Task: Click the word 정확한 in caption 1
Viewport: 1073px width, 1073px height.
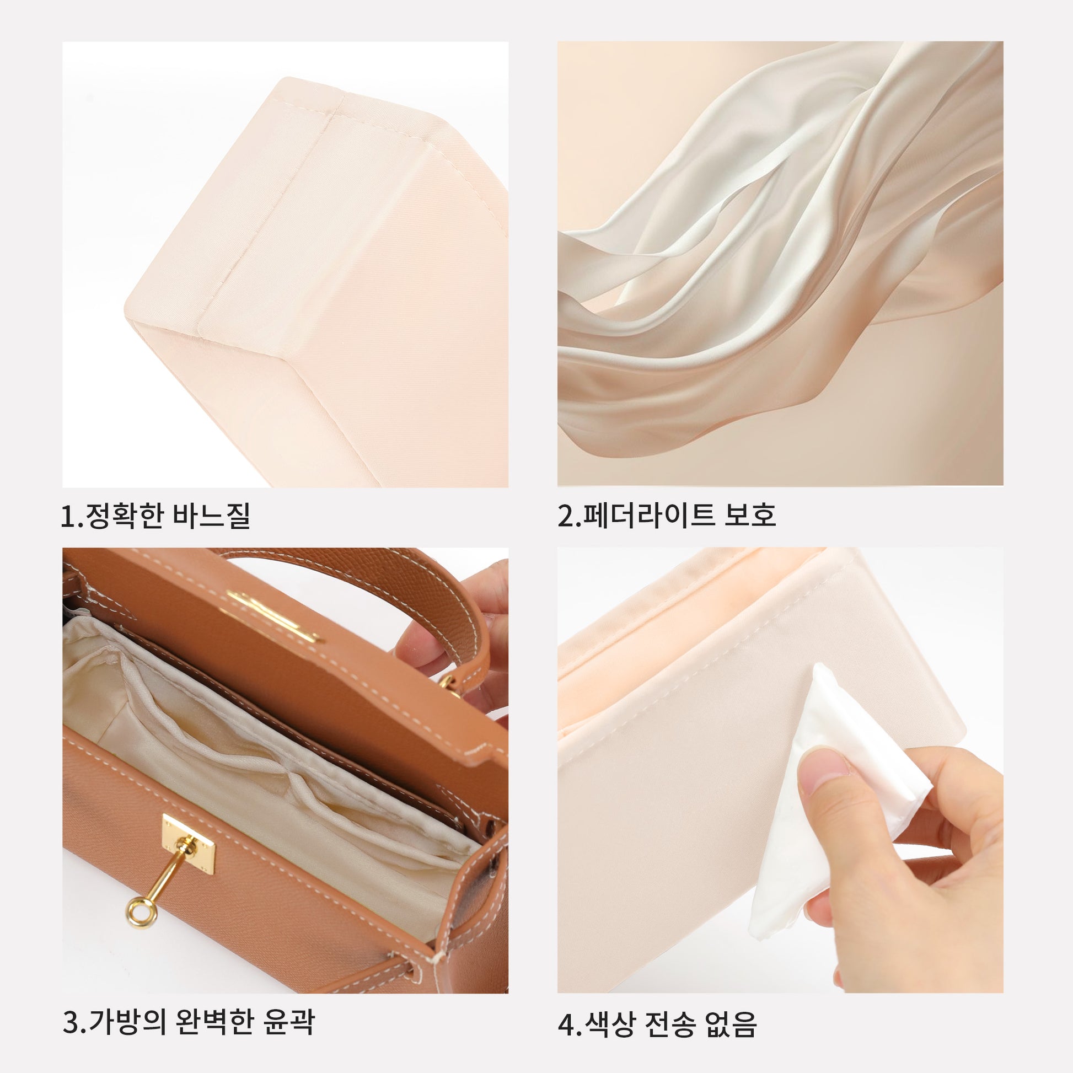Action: [123, 516]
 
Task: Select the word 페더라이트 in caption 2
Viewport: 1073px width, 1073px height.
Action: [645, 516]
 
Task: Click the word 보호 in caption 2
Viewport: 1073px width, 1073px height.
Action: [750, 516]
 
